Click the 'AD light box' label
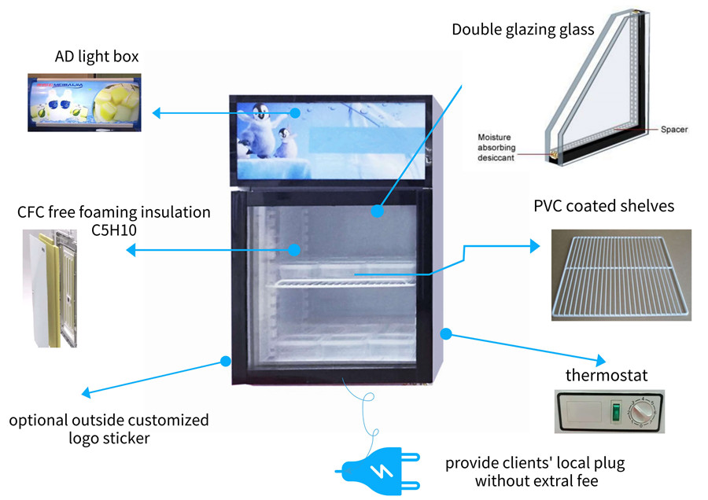(x=97, y=57)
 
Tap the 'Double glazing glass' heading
(x=522, y=30)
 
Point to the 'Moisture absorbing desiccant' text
(x=496, y=147)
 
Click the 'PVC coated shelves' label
(x=603, y=207)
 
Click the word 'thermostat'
(x=607, y=375)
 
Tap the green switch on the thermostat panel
(x=616, y=410)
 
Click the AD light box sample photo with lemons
(x=84, y=101)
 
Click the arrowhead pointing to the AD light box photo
(x=157, y=113)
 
